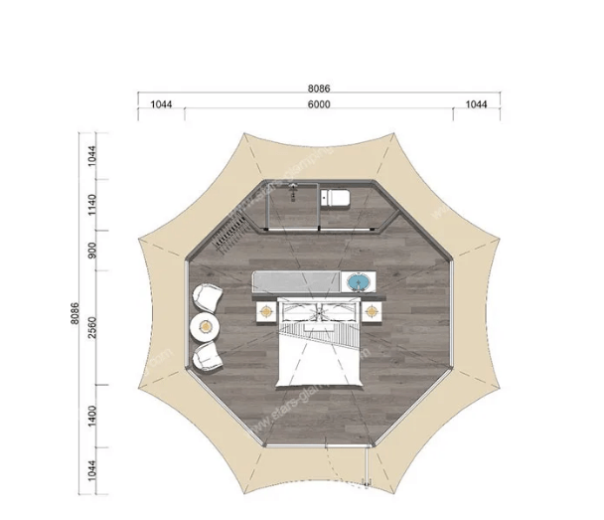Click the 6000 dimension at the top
click(x=318, y=104)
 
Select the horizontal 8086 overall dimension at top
click(x=318, y=88)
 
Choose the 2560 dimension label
click(x=92, y=324)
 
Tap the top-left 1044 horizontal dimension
click(x=162, y=104)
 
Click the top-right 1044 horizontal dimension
click(x=478, y=104)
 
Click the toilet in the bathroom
click(x=335, y=199)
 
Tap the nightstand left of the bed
click(x=266, y=312)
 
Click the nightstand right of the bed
click(x=372, y=312)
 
